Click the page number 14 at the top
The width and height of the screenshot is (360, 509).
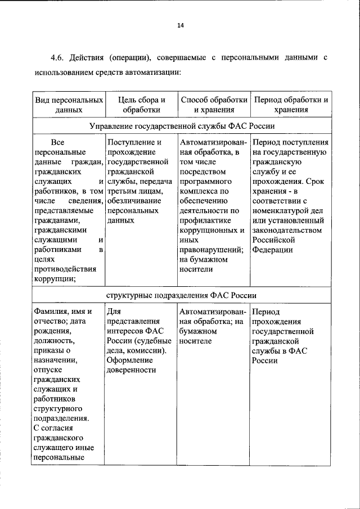[x=180, y=25]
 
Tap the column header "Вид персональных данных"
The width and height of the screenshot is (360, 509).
[x=69, y=105]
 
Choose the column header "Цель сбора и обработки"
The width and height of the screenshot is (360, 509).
[x=141, y=105]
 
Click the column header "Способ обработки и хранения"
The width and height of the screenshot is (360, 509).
[x=213, y=105]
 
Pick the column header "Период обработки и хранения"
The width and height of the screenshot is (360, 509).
[x=291, y=105]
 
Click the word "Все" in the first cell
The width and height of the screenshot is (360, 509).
[x=57, y=142]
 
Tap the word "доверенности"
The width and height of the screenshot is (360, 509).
[x=131, y=370]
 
